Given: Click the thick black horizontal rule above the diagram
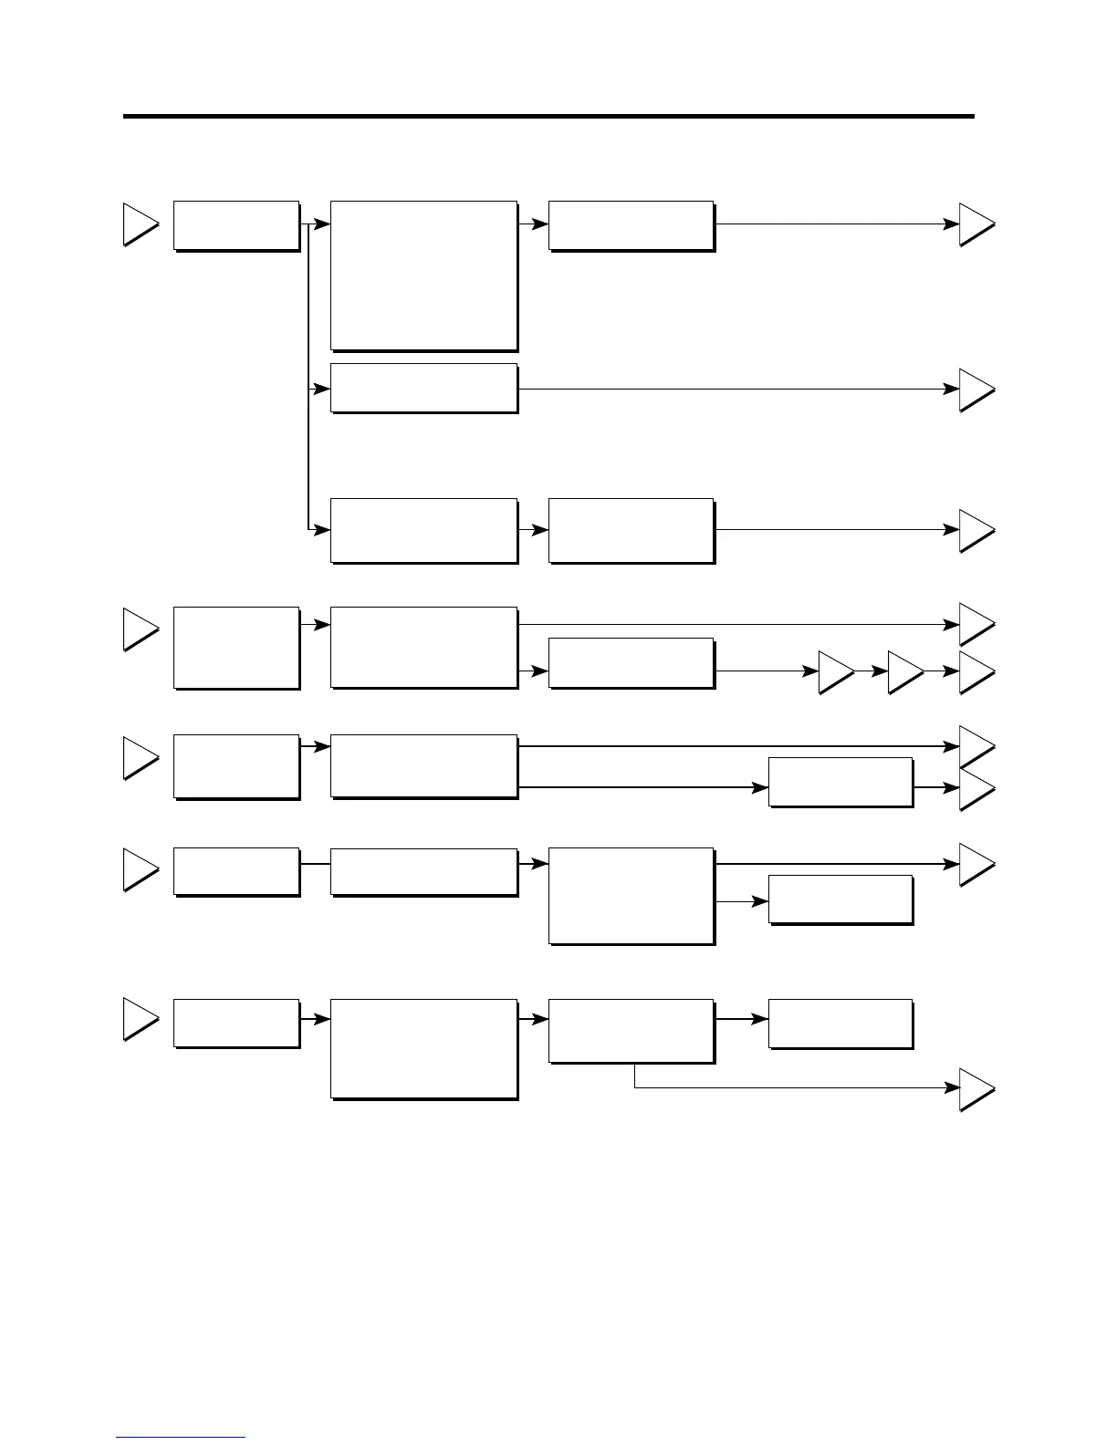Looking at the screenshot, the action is [548, 116].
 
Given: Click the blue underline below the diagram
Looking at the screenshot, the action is [181, 1437].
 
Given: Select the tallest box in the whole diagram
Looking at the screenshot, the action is [423, 275].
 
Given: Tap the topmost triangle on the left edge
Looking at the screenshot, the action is [140, 224].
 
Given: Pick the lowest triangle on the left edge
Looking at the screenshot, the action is [140, 1020].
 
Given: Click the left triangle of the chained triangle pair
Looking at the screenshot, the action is [834, 672].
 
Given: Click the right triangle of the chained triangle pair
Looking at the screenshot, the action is [903, 672].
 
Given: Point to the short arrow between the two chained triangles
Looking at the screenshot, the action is [872, 671].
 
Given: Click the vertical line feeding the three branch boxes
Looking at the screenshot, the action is [308, 374].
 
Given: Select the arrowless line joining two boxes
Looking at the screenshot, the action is [315, 863].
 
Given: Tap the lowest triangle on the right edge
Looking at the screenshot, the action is [975, 1089].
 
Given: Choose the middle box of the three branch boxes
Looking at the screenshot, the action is [423, 388].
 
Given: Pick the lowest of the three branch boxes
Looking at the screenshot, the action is [423, 530].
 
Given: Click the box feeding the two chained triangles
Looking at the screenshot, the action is [631, 662].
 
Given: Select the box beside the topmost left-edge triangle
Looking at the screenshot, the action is [235, 224].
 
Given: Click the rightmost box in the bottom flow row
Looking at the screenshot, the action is [840, 1024].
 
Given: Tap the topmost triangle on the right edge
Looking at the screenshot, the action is [975, 224].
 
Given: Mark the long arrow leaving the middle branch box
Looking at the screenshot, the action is [730, 389].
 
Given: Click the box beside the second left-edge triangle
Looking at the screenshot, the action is [235, 647].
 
